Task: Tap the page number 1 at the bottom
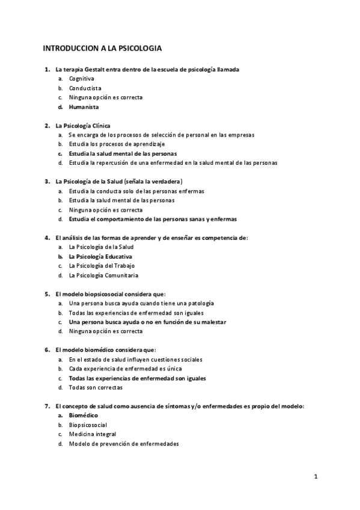[x=316, y=476]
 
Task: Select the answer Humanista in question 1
[x=84, y=107]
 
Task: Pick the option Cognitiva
[x=81, y=79]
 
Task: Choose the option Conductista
[x=85, y=88]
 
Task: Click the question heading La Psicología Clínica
[x=83, y=126]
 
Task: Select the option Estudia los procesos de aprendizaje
[x=117, y=144]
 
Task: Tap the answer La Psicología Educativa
[x=100, y=256]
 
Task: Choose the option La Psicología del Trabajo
[x=102, y=266]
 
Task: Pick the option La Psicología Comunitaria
[x=103, y=275]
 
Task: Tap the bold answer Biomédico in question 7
[x=84, y=415]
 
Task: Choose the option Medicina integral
[x=93, y=434]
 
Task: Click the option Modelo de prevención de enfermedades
[x=123, y=444]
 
